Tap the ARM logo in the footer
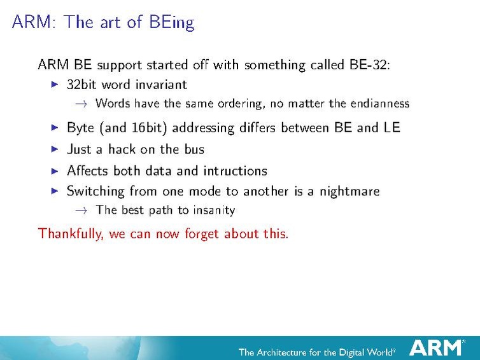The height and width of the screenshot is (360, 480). click(436, 348)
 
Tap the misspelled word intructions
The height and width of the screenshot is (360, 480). click(235, 170)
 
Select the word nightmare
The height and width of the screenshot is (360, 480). click(349, 191)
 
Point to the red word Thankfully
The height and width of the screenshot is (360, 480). click(71, 233)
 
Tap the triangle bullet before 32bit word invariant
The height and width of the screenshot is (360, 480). click(55, 85)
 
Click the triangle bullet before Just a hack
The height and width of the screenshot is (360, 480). click(55, 149)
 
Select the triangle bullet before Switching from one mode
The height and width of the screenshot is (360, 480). click(55, 191)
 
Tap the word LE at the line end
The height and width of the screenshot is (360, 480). click(392, 128)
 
